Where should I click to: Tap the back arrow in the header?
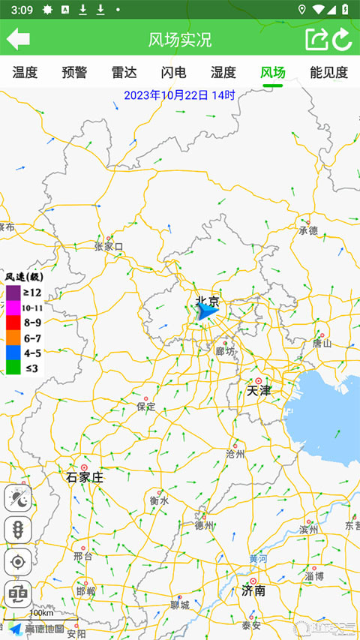point(18,39)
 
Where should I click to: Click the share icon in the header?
point(316,39)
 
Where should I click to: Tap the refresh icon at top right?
point(343,39)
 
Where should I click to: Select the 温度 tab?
point(25,73)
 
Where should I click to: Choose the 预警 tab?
point(74,73)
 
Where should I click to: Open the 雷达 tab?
point(124,73)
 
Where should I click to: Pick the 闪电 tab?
point(173,73)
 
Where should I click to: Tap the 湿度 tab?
point(223,73)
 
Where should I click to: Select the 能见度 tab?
point(329,73)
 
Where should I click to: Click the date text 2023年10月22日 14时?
point(179,95)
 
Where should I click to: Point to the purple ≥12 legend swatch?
point(13,293)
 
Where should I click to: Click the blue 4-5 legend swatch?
point(13,352)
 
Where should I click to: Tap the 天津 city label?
point(259,391)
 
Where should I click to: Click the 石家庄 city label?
point(85,477)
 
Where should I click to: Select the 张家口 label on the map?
point(109,246)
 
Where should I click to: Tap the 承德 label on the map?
point(308,230)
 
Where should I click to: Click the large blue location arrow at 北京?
point(205,311)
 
